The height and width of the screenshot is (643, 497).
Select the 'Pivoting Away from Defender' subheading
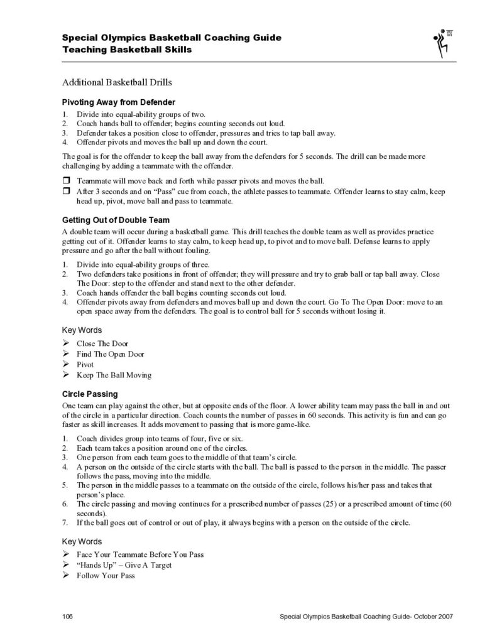(118, 102)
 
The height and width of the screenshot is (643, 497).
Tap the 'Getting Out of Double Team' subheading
(116, 220)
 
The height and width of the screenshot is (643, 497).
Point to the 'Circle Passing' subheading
(89, 394)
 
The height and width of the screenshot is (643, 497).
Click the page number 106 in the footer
(68, 617)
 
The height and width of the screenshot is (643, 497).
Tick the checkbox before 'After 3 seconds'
(65, 190)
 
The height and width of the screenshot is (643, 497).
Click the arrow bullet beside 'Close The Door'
(65, 343)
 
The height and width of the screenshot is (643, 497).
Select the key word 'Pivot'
(85, 364)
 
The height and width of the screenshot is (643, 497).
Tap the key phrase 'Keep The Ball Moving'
(114, 375)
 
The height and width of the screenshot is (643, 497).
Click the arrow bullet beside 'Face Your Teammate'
(65, 554)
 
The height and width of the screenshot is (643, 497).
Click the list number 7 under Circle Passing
(65, 522)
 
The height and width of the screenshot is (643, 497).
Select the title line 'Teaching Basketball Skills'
(127, 50)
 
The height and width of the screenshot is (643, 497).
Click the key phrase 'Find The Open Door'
(110, 354)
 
